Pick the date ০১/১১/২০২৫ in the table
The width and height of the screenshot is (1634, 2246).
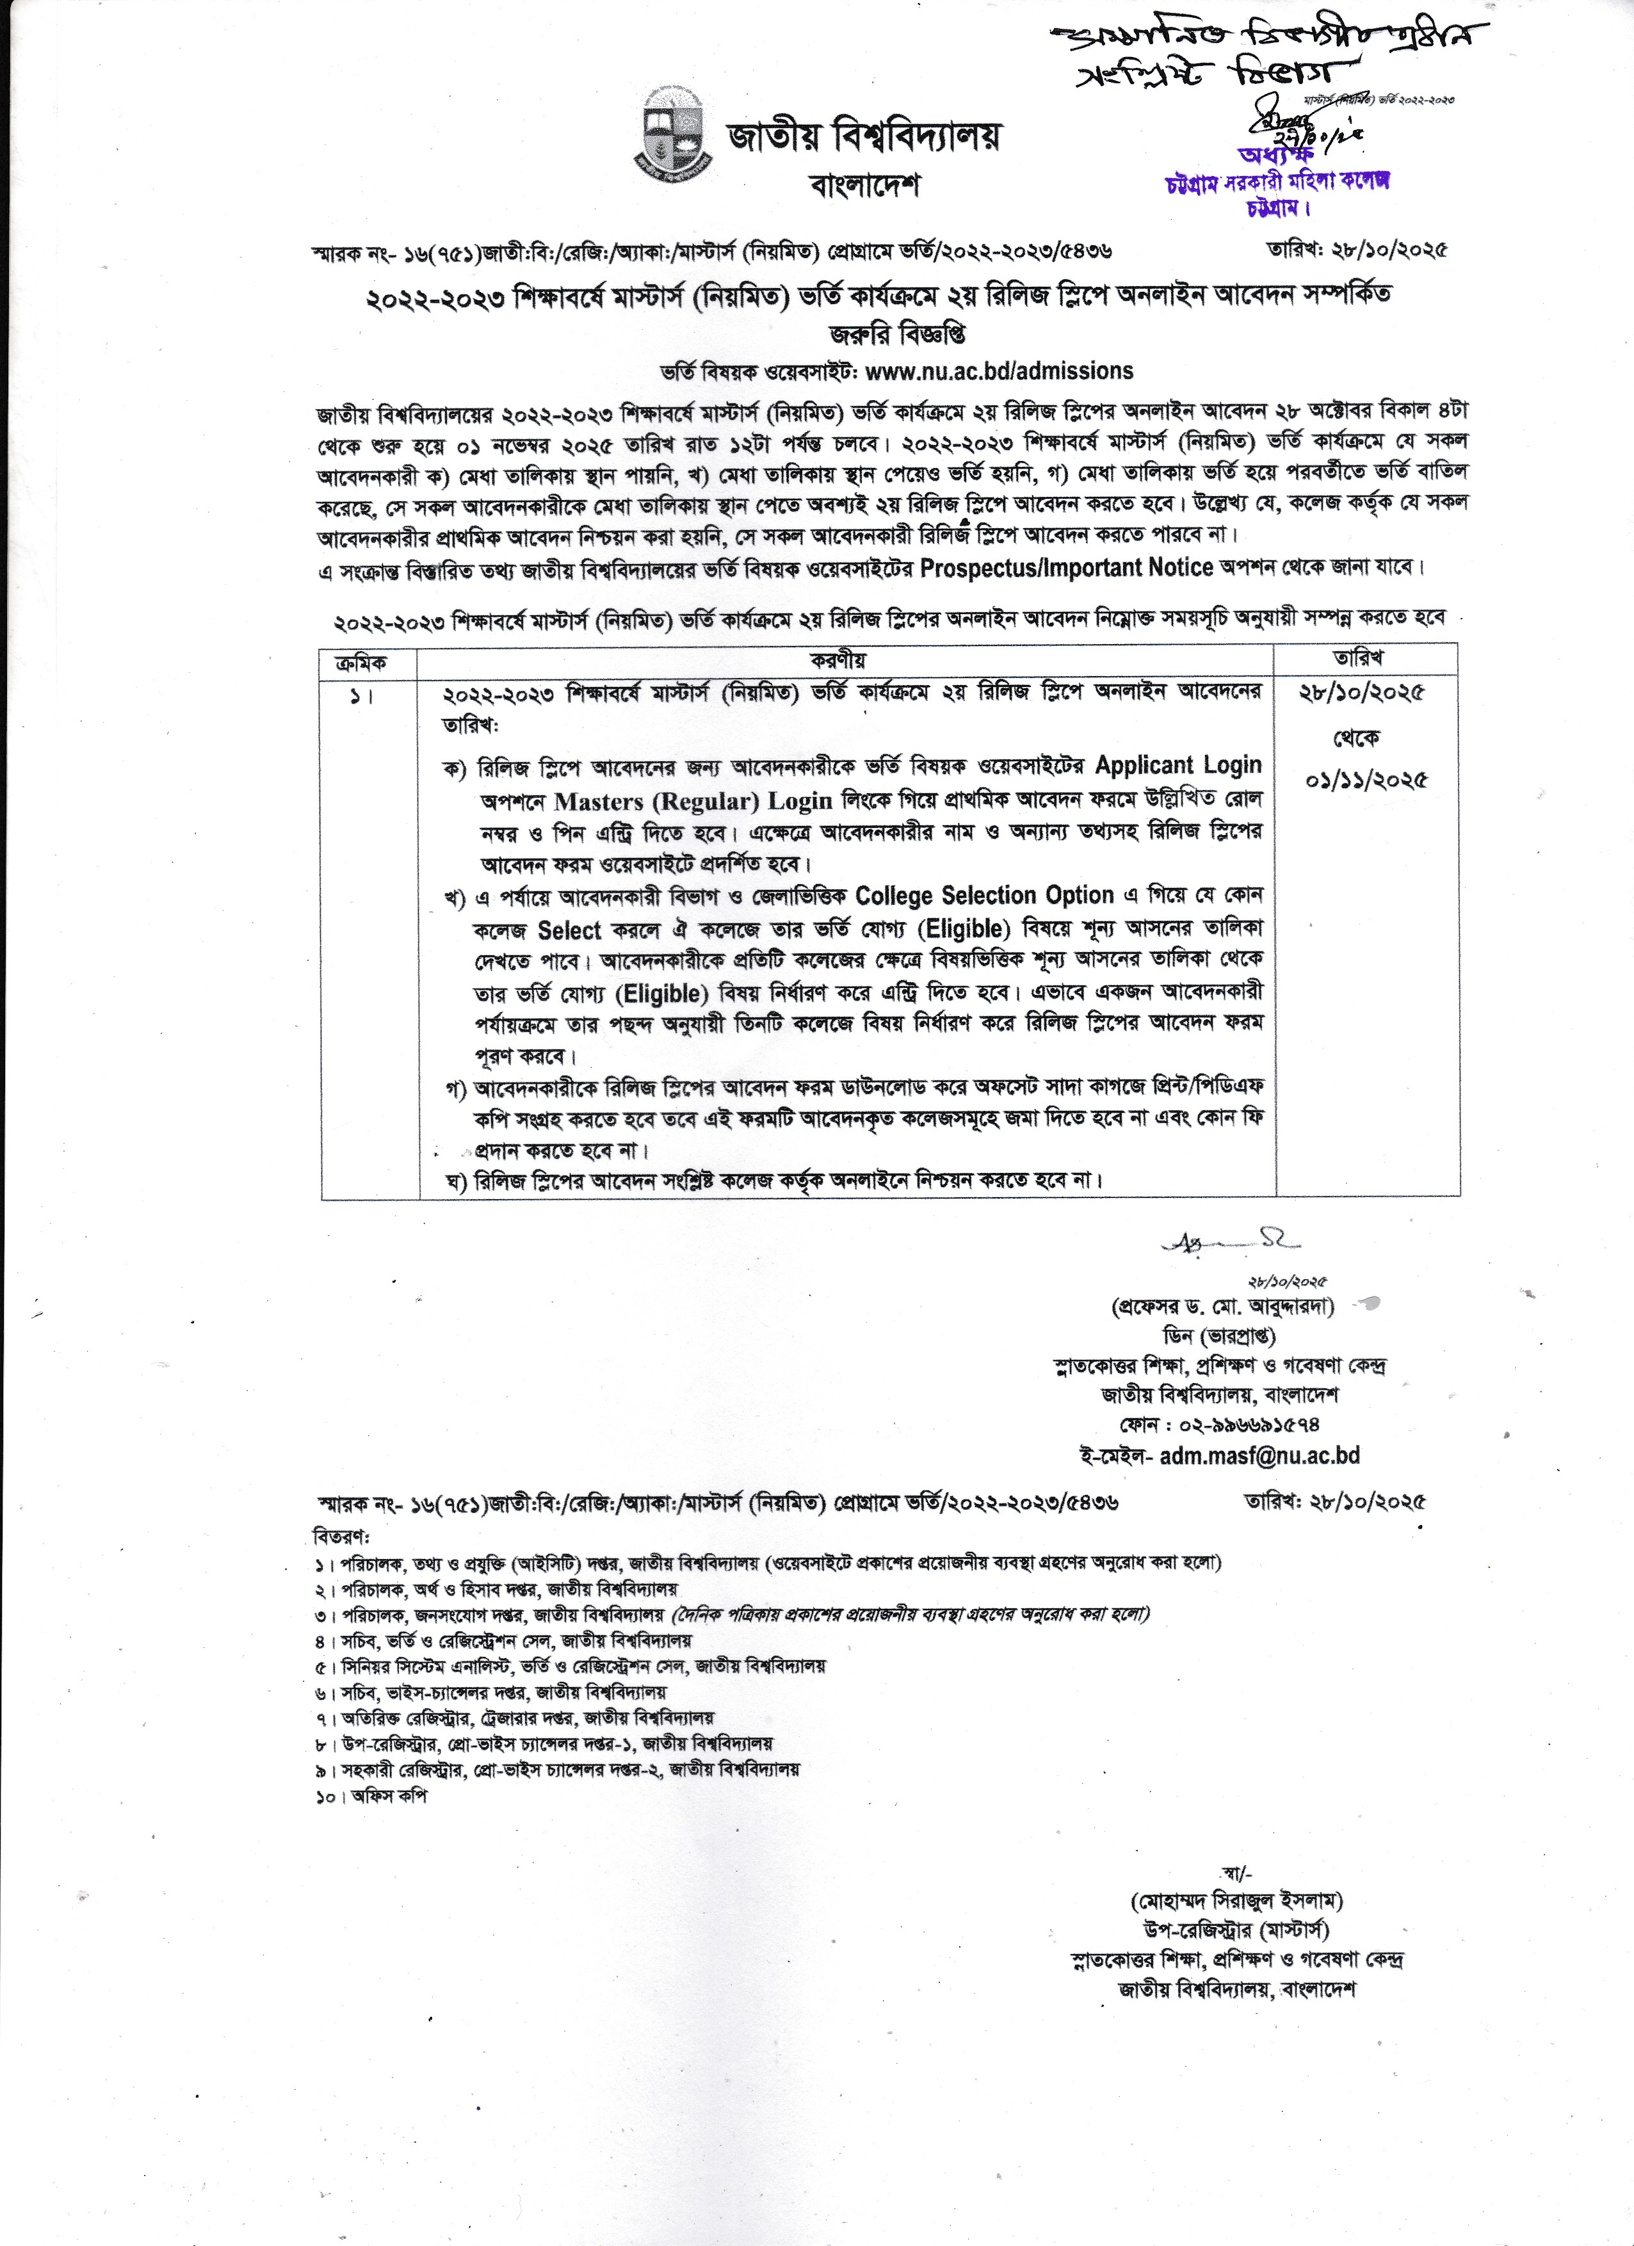pyautogui.click(x=1366, y=781)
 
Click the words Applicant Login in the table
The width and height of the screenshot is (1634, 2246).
pyautogui.click(x=1179, y=766)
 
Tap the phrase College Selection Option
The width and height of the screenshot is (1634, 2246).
pyautogui.click(x=984, y=896)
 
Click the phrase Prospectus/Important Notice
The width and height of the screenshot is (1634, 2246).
pyautogui.click(x=1067, y=567)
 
